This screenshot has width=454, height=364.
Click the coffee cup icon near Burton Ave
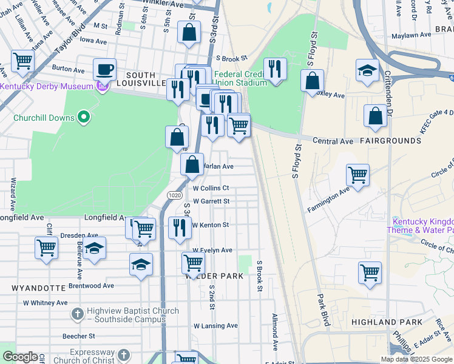pos(104,69)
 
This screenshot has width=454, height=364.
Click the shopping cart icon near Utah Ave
pos(22,60)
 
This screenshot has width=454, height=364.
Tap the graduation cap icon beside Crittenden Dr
pos(367,70)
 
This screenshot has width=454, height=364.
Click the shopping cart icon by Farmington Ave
pos(357,175)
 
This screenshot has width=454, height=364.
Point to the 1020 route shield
pos(175,195)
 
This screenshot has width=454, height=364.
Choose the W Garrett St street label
pos(211,201)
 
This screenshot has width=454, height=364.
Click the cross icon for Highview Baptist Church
pos(77,314)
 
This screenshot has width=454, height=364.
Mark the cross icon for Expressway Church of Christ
pos(123,354)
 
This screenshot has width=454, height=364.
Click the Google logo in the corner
pos(21,357)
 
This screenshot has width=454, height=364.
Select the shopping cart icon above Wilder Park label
pos(193,262)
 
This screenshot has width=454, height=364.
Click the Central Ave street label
pos(333,141)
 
